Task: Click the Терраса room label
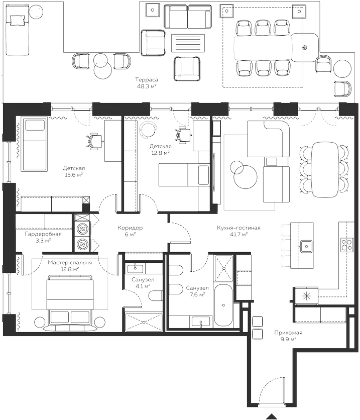click(147, 80)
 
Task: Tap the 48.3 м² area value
click(147, 86)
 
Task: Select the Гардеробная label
click(43, 234)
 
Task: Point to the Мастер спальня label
click(70, 262)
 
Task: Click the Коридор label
click(130, 228)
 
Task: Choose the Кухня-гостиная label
click(238, 228)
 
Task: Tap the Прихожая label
click(288, 333)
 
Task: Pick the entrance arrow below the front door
click(272, 416)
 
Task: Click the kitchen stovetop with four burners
click(347, 245)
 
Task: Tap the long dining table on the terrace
click(264, 48)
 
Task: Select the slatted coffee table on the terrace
click(188, 43)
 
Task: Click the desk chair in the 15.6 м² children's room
click(95, 140)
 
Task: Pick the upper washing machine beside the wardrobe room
click(82, 228)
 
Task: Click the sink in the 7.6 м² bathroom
click(201, 322)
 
